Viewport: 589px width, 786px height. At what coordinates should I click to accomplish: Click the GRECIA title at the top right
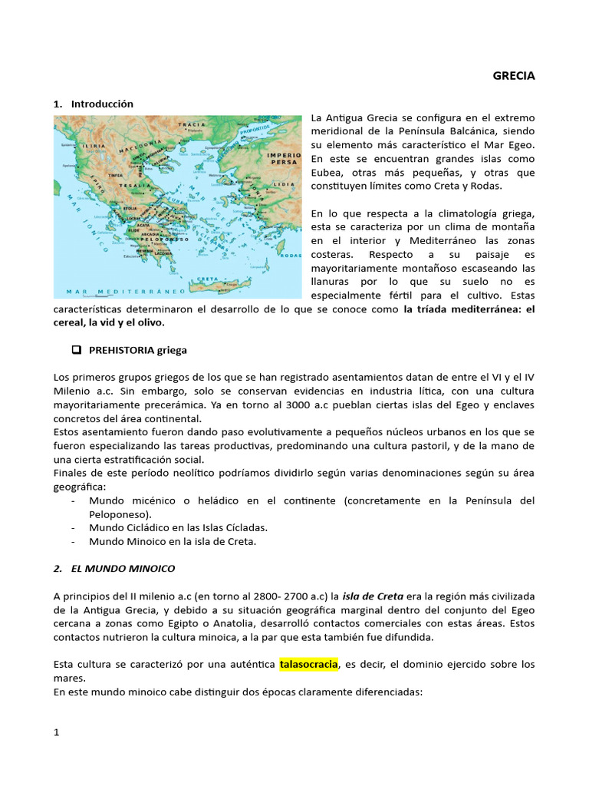[513, 76]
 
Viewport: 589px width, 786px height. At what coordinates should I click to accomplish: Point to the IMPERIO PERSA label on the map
[283, 159]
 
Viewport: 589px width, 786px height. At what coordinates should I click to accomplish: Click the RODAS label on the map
[291, 256]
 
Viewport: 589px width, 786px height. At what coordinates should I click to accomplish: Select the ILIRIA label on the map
[94, 144]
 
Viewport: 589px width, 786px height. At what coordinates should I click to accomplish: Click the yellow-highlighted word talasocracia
[308, 664]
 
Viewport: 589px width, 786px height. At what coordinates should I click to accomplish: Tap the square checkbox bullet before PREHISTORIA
[76, 350]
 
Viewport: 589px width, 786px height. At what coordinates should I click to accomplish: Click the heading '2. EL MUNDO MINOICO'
[114, 569]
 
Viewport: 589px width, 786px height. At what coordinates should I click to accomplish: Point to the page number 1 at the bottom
[56, 732]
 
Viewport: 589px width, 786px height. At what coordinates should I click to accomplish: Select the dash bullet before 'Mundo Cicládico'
[72, 527]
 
